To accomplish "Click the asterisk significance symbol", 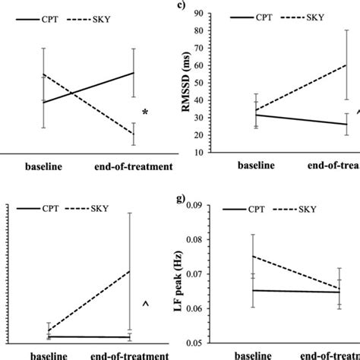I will click(x=145, y=112).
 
